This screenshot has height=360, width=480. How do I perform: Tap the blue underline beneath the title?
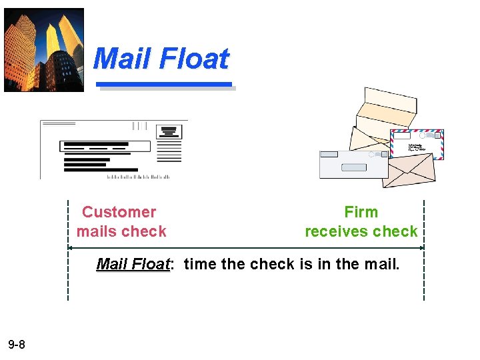[164, 85]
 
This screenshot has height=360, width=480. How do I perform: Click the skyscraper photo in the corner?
[44, 49]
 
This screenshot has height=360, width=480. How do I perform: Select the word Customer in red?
[119, 212]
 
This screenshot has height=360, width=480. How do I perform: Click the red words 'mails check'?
[121, 231]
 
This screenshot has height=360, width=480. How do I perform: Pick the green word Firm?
[361, 212]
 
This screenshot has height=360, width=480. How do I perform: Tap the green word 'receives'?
[335, 231]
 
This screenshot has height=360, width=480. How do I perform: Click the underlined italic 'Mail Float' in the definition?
[133, 264]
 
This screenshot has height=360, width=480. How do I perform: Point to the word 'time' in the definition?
[200, 264]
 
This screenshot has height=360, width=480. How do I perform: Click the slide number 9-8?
[17, 345]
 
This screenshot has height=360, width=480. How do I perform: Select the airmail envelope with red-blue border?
[417, 144]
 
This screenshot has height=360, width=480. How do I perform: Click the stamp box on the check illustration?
[169, 131]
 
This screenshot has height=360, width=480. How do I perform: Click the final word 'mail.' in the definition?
[383, 264]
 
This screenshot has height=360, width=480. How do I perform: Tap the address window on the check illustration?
[105, 146]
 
